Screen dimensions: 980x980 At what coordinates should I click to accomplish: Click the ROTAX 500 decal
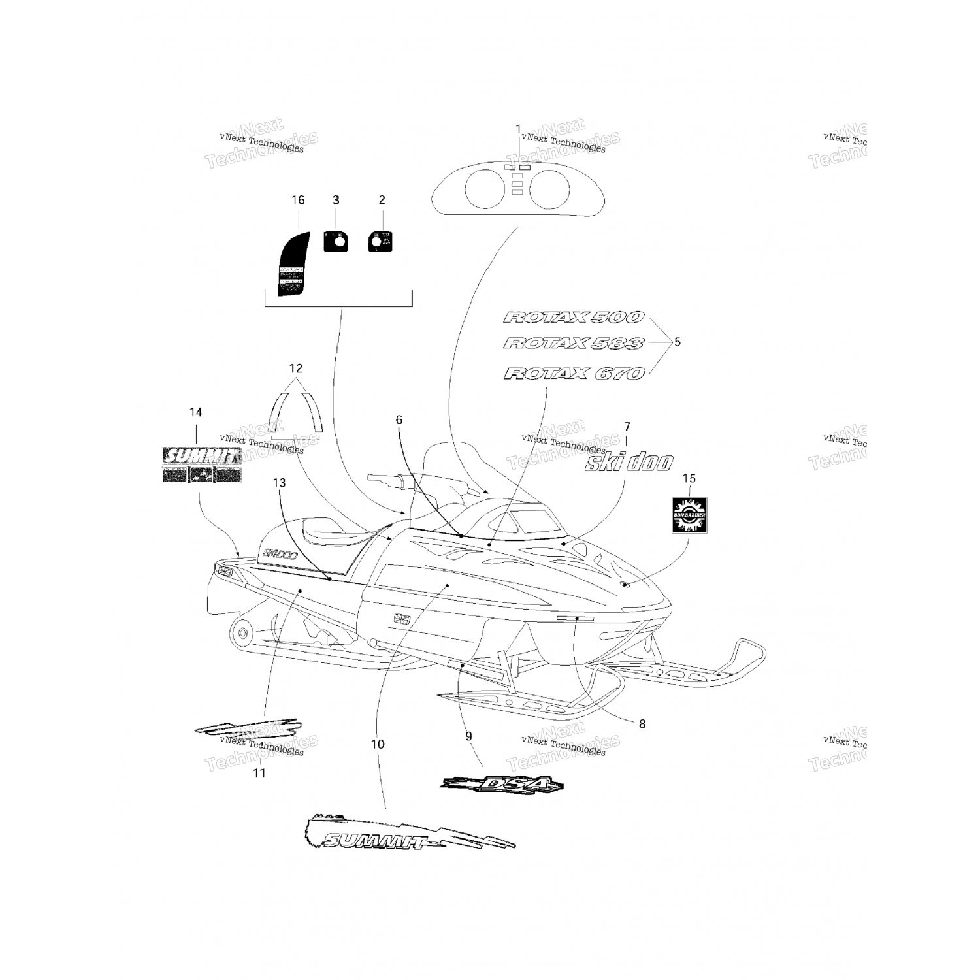click(x=574, y=318)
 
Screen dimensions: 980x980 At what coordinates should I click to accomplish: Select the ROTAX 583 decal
click(x=574, y=343)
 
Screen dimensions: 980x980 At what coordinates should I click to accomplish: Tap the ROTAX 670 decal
click(x=574, y=374)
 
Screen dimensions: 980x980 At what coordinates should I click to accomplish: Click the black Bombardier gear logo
click(x=689, y=515)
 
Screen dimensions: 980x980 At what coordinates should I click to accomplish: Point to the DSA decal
click(x=502, y=784)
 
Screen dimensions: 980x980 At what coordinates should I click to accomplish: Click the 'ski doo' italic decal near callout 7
click(x=628, y=462)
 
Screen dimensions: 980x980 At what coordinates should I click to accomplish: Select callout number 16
click(x=298, y=200)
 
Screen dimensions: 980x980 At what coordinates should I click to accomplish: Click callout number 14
click(x=196, y=412)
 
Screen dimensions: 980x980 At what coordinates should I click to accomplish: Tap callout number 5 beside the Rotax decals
click(x=678, y=342)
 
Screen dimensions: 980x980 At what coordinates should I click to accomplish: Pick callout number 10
click(x=378, y=744)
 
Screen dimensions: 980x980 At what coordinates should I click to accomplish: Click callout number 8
click(x=642, y=724)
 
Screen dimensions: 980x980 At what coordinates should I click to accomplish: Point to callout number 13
click(x=279, y=483)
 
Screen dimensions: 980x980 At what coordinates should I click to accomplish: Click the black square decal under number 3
click(x=336, y=241)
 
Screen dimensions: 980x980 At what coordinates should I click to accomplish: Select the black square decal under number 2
click(x=380, y=241)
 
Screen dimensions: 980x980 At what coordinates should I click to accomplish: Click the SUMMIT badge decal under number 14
click(x=201, y=465)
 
